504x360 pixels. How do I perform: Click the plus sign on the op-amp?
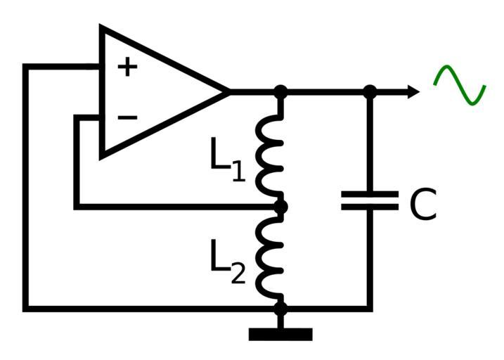point(127,67)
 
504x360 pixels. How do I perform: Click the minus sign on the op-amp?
point(127,117)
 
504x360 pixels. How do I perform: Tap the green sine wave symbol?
point(460,86)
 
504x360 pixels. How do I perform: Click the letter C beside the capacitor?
point(422,205)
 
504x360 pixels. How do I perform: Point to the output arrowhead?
point(413,91)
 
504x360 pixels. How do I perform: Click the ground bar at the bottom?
point(280,335)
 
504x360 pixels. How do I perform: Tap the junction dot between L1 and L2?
point(280,207)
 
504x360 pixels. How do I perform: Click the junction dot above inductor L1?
point(280,91)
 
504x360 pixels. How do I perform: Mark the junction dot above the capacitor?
point(370,91)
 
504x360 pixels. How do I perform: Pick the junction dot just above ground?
point(280,308)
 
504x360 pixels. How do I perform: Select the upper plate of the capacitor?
point(370,193)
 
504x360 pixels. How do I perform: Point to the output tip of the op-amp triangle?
point(226,91)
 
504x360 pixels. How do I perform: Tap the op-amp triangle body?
point(155,91)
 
